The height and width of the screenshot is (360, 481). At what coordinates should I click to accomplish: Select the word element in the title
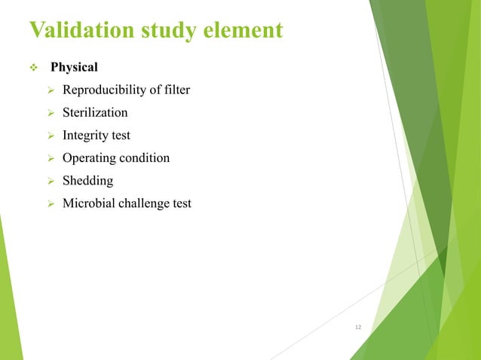pos(244,30)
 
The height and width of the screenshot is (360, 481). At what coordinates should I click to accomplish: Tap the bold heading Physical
pos(74,68)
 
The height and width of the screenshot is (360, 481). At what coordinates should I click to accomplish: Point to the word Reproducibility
pos(104,91)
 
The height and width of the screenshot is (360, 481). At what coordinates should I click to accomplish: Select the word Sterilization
pos(95,113)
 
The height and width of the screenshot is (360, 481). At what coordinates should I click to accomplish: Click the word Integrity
pos(85,136)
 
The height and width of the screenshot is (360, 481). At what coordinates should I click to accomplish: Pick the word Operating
pos(88,158)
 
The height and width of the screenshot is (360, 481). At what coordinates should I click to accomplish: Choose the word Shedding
pos(87,181)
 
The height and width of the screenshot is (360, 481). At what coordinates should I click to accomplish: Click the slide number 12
pos(358,327)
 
